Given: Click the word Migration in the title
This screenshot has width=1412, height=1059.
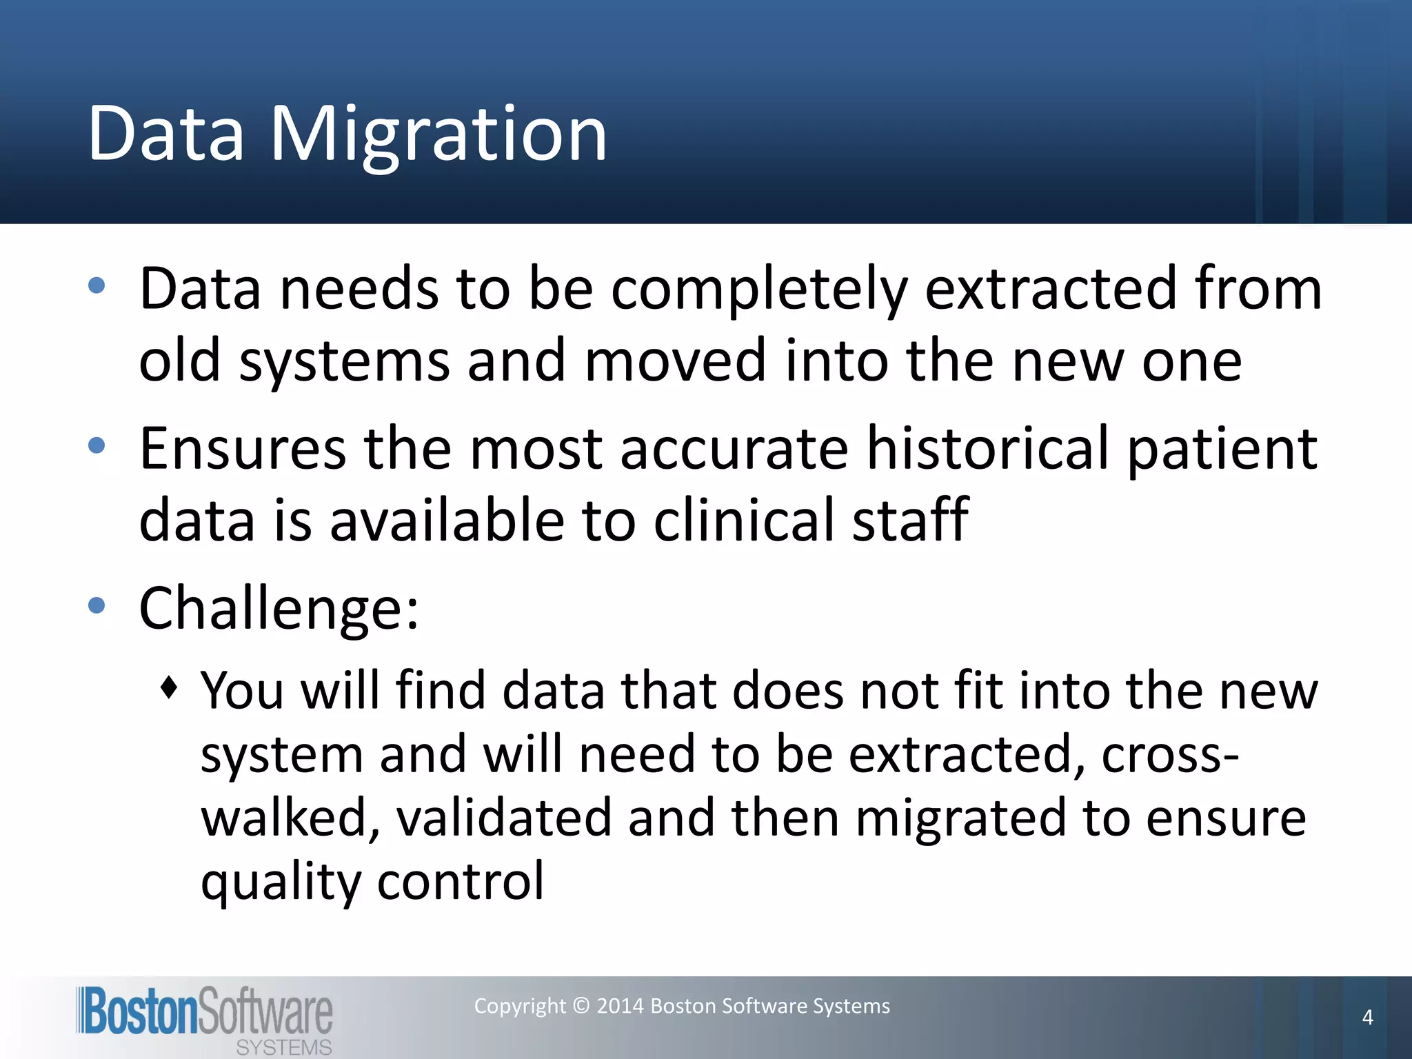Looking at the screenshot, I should click(438, 134).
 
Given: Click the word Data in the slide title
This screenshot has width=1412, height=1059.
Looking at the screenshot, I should click(166, 134).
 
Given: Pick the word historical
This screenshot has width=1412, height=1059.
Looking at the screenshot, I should click(987, 449).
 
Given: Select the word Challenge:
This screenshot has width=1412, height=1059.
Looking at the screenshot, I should click(279, 609).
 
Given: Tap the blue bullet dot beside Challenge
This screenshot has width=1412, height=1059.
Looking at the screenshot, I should click(97, 606).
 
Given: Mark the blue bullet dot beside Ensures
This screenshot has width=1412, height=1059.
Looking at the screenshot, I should click(97, 445).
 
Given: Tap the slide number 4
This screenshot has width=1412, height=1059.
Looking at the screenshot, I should click(1367, 1018).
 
